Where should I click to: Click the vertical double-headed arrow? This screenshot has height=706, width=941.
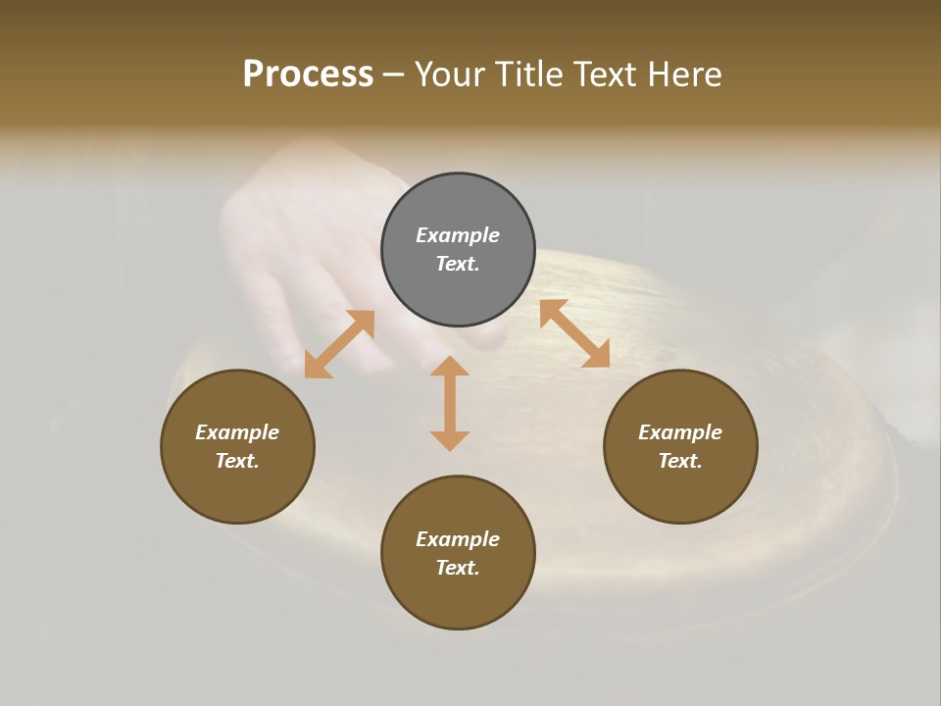click(450, 403)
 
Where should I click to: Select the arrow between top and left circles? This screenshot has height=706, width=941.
click(339, 344)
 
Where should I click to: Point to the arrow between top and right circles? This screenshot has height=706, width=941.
click(574, 333)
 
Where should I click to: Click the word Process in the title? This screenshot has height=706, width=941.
click(308, 75)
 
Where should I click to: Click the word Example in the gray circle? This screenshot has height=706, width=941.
click(458, 235)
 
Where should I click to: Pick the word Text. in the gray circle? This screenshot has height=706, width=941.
click(458, 264)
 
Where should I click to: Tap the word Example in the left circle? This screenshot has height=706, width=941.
click(237, 432)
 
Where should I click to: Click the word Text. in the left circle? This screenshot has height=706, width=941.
click(237, 461)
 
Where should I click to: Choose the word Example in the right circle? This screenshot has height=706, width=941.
click(680, 432)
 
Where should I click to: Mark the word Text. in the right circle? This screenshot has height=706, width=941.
click(680, 461)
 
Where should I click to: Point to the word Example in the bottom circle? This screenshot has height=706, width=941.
click(458, 539)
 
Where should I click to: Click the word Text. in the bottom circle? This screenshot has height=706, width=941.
click(458, 568)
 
